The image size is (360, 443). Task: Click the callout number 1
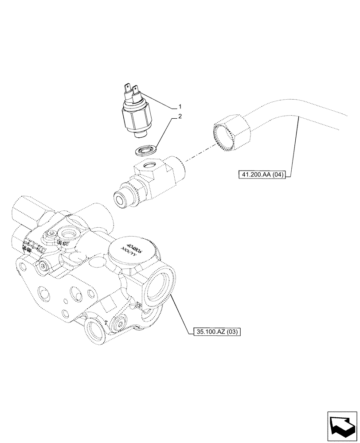(180, 107)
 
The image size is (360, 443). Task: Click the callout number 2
(180, 117)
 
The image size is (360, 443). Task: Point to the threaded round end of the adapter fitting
(122, 198)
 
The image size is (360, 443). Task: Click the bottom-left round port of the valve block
(95, 330)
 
